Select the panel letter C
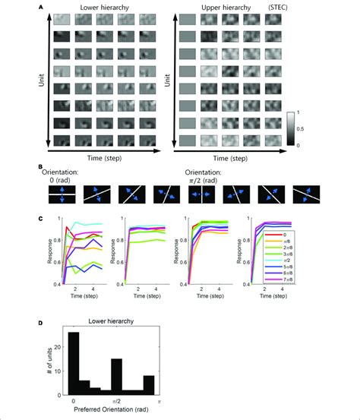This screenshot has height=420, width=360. pyautogui.click(x=33, y=219)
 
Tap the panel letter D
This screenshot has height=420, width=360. pyautogui.click(x=33, y=322)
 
